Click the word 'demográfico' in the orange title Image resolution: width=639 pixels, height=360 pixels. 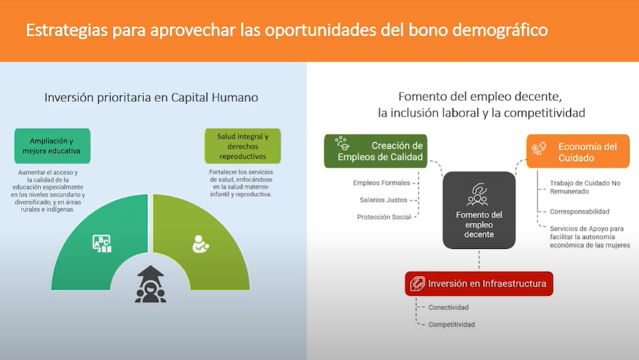pos(500,30)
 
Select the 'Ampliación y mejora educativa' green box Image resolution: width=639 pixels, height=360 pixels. pos(52,146)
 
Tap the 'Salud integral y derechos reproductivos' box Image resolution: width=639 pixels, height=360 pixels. pos(243,146)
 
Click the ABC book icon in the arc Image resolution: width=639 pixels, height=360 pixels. pos(101,244)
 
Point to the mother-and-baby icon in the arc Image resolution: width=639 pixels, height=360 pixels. pos(200,244)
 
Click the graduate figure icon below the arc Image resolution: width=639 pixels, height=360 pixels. pos(150,284)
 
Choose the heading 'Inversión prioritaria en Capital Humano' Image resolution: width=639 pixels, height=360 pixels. pos(151,97)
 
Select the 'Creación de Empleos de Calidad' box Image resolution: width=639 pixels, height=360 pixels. pos(376,152)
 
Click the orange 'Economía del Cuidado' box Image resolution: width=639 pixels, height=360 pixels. pos(578,152)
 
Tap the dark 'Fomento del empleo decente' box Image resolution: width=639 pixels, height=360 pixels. pos(479,210)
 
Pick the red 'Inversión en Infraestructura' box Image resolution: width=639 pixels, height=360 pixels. pos(479,284)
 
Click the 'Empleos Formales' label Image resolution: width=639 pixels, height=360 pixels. pos(381,183)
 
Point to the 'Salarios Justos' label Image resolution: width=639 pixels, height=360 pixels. pos(383,200)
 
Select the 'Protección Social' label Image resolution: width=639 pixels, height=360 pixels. pos(384,217)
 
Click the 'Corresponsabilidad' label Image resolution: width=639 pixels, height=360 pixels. pos(579,212)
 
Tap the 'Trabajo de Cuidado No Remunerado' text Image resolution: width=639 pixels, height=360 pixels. pos(585,187)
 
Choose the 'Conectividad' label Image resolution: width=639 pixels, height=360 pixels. pos(448,307)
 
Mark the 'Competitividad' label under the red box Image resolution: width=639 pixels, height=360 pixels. pos(452,325)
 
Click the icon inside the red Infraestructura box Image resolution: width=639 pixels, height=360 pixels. pos(417,284)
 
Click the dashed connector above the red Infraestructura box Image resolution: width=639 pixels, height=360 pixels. pos(479,260)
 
